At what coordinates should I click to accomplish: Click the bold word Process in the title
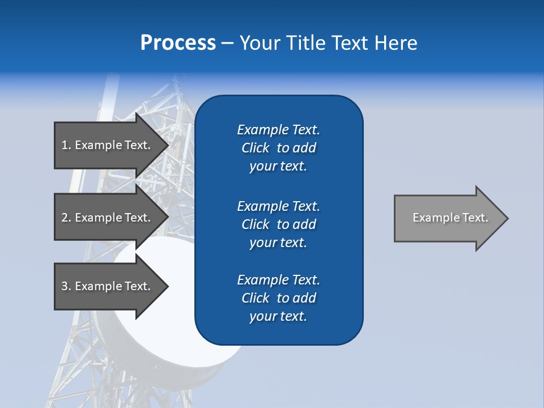tap(178, 43)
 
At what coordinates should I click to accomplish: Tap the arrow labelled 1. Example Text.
tap(108, 145)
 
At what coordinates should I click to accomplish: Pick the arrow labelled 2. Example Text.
tap(108, 218)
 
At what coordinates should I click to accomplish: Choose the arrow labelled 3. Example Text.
tap(108, 286)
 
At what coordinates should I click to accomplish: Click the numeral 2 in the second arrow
tap(65, 218)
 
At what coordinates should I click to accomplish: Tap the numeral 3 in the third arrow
tap(65, 286)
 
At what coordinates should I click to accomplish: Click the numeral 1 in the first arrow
tap(65, 145)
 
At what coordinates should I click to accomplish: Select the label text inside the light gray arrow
tap(450, 218)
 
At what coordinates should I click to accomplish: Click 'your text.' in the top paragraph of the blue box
tap(278, 167)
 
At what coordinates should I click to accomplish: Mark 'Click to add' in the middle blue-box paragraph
tap(278, 224)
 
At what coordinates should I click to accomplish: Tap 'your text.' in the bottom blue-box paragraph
tap(278, 317)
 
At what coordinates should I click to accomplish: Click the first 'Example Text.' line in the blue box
tap(278, 130)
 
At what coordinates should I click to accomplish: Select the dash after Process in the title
tap(227, 43)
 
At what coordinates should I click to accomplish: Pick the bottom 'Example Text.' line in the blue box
tap(278, 280)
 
